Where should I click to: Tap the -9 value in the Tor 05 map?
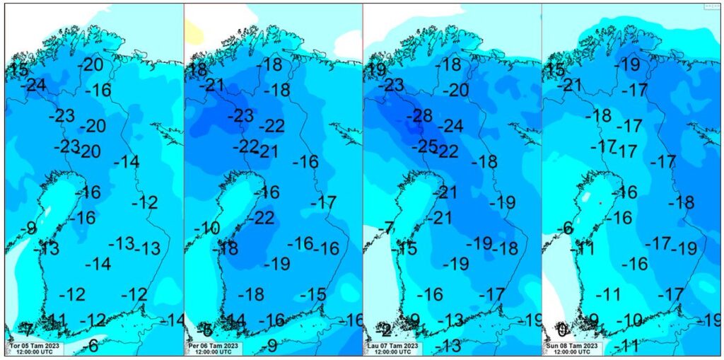click(28, 228)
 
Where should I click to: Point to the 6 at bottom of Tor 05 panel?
click(93, 346)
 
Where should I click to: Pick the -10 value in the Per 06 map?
click(206, 228)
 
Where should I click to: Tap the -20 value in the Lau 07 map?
click(455, 91)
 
